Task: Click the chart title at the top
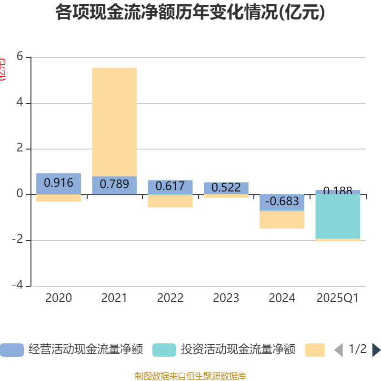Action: pos(190,13)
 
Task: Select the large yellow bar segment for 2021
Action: pos(114,121)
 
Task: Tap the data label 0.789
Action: pos(114,184)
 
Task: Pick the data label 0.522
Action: pos(226,188)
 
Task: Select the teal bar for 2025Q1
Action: pos(338,217)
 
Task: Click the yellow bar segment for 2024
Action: pos(282,220)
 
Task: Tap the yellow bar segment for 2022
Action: pos(170,201)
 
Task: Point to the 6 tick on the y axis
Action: pos(20,57)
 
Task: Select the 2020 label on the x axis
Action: pos(59,298)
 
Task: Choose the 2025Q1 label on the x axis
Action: pos(338,298)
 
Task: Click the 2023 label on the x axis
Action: pos(226,298)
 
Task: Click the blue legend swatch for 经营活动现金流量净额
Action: pos(12,350)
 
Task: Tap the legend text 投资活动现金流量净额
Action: pos(238,350)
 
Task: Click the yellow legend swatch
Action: pos(315,350)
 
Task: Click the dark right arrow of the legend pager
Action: pos(376,350)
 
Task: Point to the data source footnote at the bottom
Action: pos(190,376)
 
